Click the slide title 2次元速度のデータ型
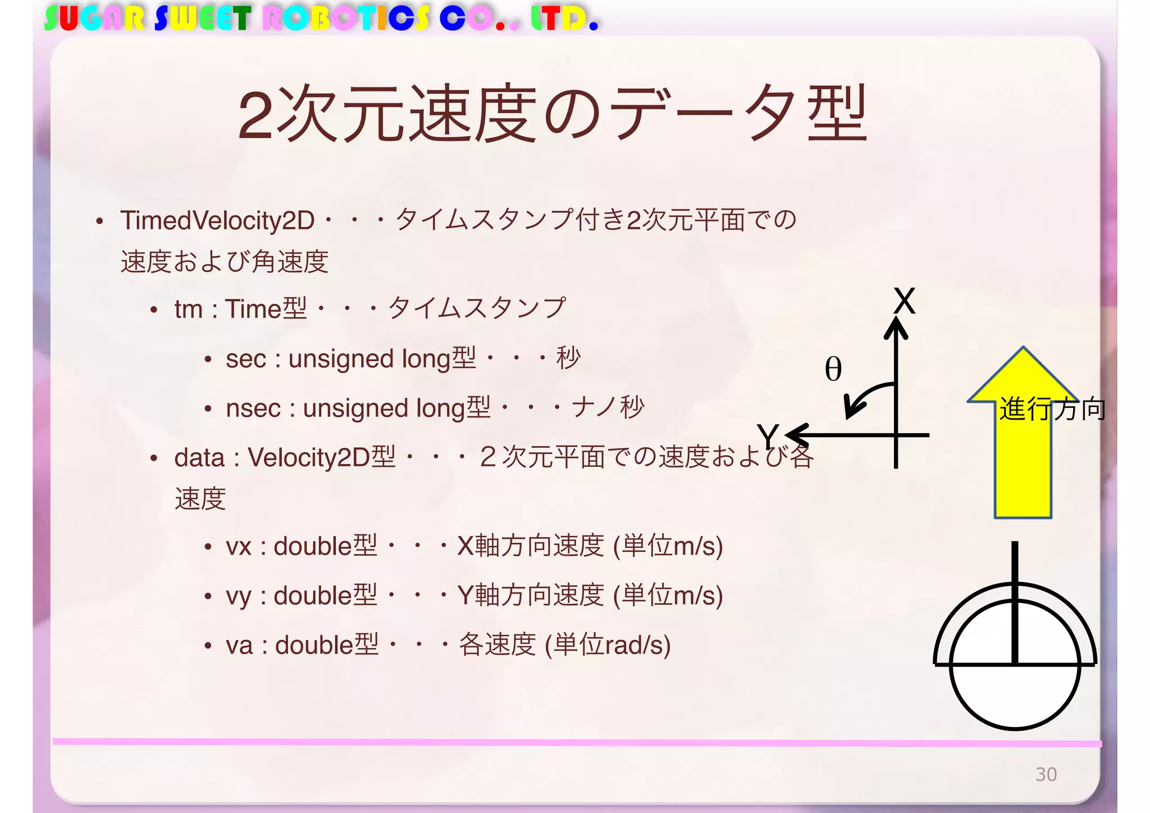[x=553, y=113]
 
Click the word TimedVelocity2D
[x=217, y=220]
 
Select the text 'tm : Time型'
[x=240, y=309]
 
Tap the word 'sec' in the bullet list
[x=245, y=359]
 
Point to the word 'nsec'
[x=253, y=408]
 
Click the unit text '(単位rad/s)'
[x=608, y=645]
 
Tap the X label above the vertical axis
[x=904, y=301]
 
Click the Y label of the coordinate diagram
[x=767, y=435]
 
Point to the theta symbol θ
[x=833, y=370]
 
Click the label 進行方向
[x=1052, y=409]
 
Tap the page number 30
[x=1046, y=774]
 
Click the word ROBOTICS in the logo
[x=346, y=19]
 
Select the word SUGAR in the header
[x=94, y=19]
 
